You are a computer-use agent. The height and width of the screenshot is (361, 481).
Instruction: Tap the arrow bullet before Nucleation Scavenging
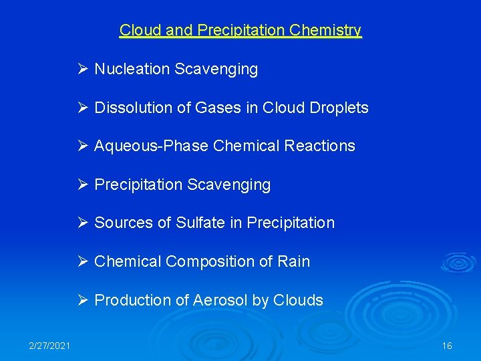click(83, 69)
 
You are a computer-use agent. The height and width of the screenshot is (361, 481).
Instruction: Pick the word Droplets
click(340, 108)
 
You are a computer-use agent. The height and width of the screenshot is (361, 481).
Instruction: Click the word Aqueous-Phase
click(152, 146)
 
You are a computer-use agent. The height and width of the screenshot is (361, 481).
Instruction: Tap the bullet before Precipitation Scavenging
click(83, 185)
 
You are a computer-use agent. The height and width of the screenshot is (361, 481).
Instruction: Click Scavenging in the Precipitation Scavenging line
click(230, 185)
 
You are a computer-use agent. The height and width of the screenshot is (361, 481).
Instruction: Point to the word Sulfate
click(200, 223)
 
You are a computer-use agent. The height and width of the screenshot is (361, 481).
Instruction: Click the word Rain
click(294, 261)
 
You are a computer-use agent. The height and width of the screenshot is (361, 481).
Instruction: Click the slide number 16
click(447, 346)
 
